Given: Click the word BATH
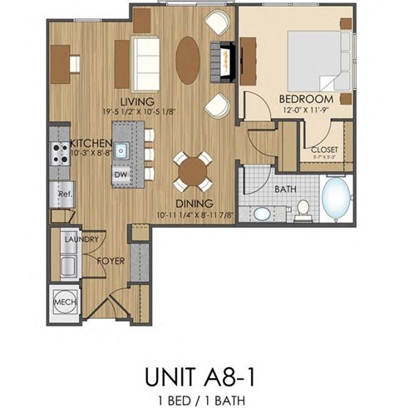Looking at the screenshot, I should click(286, 189).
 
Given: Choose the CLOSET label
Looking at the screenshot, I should click(323, 150).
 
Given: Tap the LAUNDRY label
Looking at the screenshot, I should click(81, 240).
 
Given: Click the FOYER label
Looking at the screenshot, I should click(111, 259).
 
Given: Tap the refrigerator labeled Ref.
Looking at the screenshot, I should click(62, 194).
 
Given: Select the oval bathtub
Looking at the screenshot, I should click(337, 200).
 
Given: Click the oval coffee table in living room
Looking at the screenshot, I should click(189, 60).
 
